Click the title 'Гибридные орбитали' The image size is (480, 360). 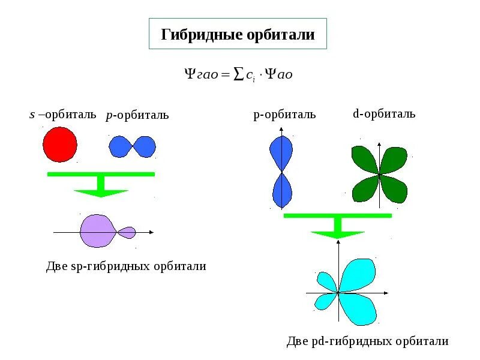pos(238,34)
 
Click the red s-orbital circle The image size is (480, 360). pos(59,145)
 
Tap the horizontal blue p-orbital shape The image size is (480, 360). pos(132,146)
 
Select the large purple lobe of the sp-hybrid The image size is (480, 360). pos(97,231)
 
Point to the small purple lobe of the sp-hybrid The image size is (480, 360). pos(128,232)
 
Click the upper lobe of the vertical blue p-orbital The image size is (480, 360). pos(281,153)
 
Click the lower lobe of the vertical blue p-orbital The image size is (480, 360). pos(281,191)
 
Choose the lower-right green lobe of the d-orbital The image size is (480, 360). pos(394,189)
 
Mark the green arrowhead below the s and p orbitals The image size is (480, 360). pos(101,193)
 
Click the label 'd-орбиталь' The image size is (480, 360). pos(384,113)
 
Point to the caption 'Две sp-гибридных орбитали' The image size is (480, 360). pos(126,266)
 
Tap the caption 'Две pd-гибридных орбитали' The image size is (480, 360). pos(367,341)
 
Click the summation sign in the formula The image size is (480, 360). pos(238,74)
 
